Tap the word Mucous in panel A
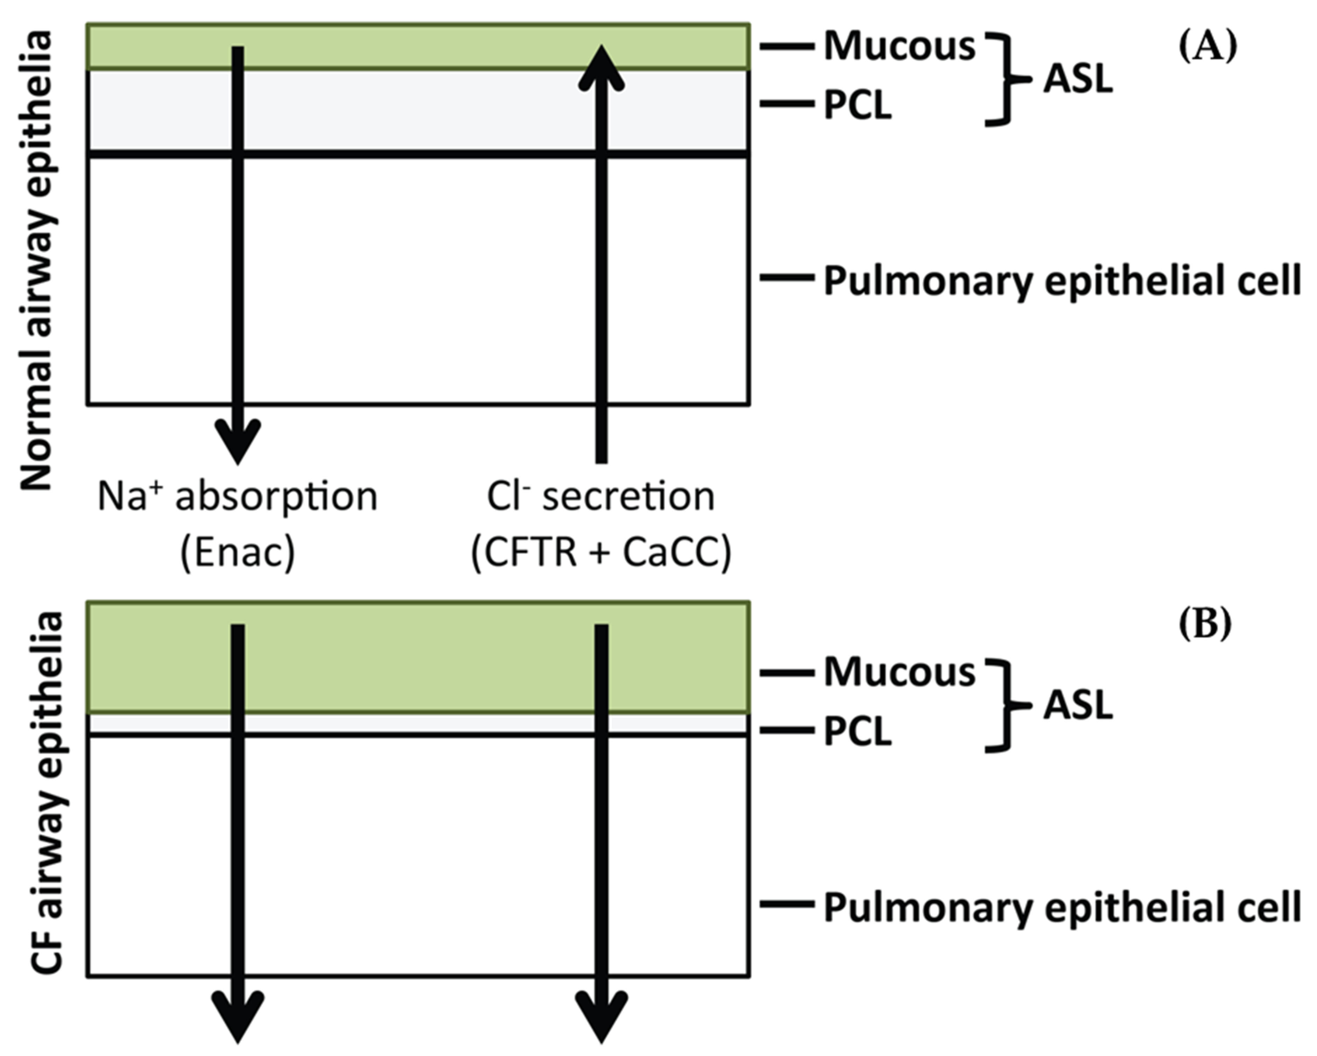(x=899, y=47)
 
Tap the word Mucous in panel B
(x=899, y=673)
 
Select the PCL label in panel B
(x=857, y=732)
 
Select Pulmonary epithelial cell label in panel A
(x=1062, y=282)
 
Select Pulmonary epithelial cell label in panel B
(x=1062, y=908)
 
